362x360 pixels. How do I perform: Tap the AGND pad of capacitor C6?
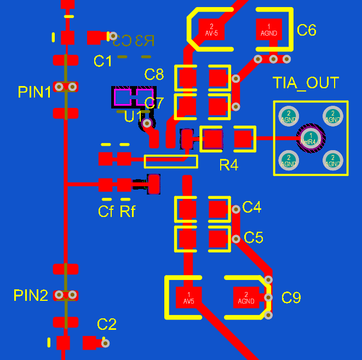269,29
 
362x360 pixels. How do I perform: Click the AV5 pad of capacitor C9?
189,298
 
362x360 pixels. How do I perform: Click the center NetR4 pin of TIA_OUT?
311,138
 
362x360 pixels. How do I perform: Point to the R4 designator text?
228,165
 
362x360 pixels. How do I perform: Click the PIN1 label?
35,92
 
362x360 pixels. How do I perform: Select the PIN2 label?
31,296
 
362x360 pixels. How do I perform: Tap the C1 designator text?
102,61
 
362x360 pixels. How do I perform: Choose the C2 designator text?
107,324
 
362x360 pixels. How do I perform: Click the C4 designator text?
252,207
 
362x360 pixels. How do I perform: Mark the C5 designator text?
254,238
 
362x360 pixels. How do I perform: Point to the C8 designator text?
154,74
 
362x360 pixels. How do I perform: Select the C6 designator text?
306,31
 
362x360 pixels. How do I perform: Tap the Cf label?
106,211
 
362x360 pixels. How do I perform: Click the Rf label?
127,211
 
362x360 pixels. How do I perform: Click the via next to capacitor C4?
235,208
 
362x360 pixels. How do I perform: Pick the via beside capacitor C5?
235,238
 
